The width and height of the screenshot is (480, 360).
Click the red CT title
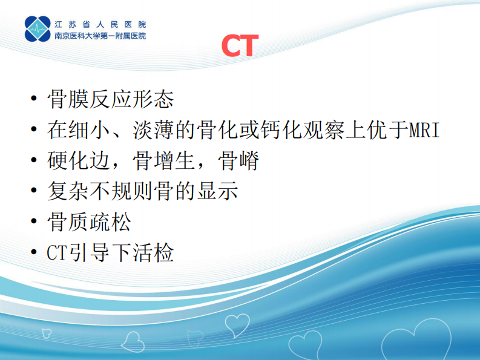click(x=240, y=46)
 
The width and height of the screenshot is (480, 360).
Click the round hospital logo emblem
click(x=38, y=28)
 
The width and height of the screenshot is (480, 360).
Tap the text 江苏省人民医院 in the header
click(x=100, y=24)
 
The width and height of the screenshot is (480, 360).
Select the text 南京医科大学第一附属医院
click(x=100, y=36)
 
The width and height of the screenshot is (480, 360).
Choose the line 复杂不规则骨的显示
click(x=142, y=192)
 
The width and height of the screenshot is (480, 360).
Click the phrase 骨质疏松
click(x=89, y=222)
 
